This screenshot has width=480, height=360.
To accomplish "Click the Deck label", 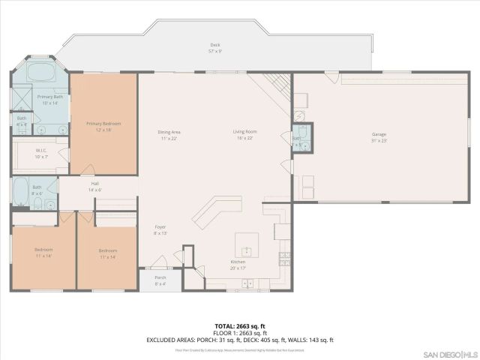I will coord(215,46).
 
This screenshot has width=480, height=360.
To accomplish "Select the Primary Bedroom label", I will coord(103,124).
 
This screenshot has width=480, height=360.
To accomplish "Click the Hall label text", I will coord(95,184).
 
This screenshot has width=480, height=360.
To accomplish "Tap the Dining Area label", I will coord(169,132).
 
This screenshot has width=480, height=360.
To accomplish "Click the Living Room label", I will coord(245,132).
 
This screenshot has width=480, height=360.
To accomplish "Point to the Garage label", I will coord(379,135).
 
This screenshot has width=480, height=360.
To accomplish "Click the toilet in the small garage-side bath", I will coord(298,147).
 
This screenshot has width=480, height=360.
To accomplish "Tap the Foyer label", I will coord(160,226).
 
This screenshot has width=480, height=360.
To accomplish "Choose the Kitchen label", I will coord(238,262).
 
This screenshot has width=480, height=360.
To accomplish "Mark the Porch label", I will coord(160,280).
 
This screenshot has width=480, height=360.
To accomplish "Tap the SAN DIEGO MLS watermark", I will coord(448,353).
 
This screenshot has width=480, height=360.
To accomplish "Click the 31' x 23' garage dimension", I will coord(379,140).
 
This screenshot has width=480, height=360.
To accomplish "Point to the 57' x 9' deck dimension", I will coord(215,52).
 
